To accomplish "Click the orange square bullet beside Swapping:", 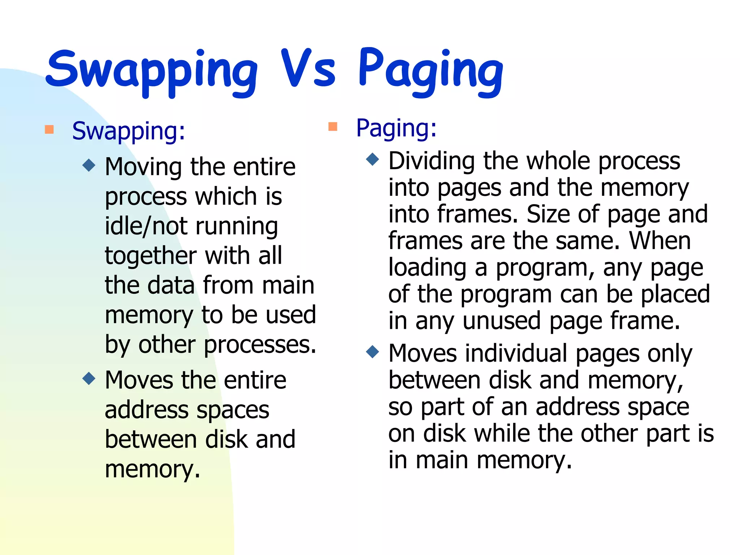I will (50, 129).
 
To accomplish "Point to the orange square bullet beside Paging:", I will (333, 126).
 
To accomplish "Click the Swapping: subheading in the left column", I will (129, 131).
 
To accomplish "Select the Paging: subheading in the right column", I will (396, 128).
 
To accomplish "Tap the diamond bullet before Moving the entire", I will (89, 165).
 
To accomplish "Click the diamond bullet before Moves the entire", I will (89, 379).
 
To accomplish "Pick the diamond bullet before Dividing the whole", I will (373, 159).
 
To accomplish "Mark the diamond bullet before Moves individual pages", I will (373, 352).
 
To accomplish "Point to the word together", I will (150, 256).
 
